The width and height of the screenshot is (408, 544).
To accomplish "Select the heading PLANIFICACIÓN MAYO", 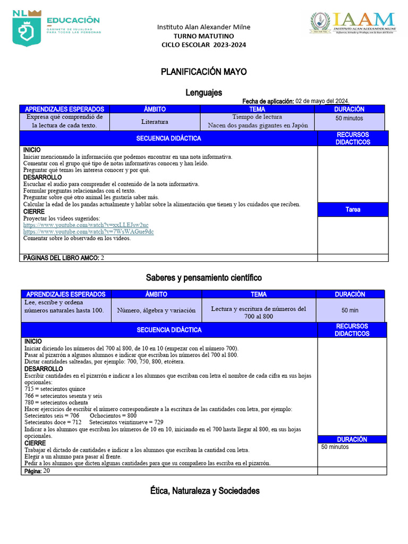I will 204,72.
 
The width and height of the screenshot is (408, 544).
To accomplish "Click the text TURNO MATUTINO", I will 204,36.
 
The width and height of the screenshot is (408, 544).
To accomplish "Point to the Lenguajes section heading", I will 204,92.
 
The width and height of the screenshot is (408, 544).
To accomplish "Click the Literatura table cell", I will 155,122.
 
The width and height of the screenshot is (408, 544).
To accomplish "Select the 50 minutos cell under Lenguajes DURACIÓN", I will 350,118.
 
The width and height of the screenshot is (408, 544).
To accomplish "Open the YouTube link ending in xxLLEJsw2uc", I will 86,225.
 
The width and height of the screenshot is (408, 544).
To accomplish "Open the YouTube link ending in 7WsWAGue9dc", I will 89,232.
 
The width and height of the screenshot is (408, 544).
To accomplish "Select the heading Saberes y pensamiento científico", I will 204,278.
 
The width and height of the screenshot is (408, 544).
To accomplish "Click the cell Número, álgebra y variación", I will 156,310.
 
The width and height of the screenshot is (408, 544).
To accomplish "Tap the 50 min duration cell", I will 350,310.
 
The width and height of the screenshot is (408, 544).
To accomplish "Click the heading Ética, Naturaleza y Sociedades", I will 204,491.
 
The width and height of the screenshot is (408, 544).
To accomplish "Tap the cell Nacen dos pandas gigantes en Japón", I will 257,126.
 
